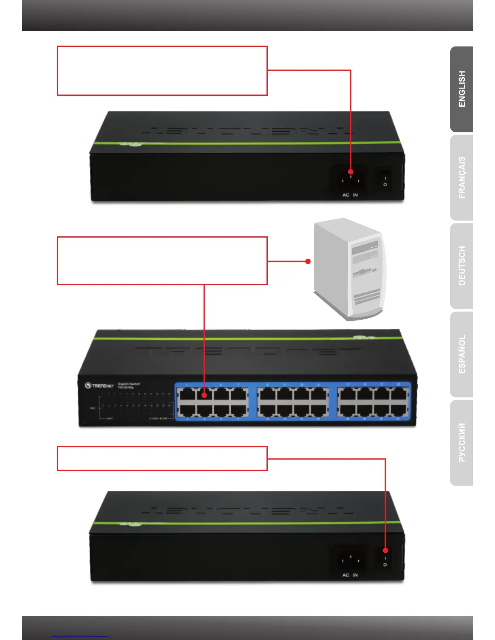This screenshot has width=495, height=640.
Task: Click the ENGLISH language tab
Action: [462, 89]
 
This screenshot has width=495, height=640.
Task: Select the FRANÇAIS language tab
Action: [462, 178]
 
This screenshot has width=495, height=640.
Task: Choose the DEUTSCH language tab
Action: [462, 266]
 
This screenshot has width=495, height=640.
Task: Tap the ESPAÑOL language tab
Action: [462, 354]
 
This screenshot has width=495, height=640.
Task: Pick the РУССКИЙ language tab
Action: [462, 443]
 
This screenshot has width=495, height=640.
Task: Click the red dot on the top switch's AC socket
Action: [351, 172]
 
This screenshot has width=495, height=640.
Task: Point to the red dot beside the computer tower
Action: [308, 261]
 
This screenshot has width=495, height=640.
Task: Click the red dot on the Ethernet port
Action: [204, 395]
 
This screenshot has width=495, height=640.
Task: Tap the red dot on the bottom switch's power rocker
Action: [385, 550]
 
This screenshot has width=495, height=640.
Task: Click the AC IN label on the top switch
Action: [350, 195]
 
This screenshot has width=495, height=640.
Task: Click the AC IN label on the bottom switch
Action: [350, 575]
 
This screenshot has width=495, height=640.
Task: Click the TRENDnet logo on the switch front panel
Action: [99, 385]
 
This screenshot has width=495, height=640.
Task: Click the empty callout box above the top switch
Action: [162, 71]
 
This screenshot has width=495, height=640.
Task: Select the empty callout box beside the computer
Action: [162, 261]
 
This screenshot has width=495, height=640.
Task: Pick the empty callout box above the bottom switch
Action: [162, 459]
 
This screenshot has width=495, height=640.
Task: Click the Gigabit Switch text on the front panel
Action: [129, 384]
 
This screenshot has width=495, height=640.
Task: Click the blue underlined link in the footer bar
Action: [80, 636]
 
